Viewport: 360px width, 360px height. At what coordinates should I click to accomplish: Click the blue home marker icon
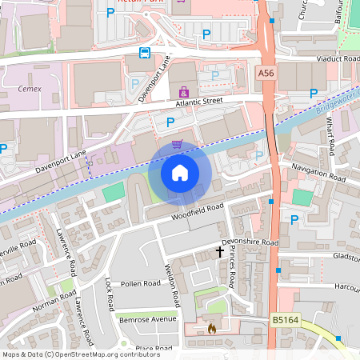180,172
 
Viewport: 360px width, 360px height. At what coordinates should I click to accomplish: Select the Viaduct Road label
339,58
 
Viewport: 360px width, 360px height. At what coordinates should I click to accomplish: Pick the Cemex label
29,90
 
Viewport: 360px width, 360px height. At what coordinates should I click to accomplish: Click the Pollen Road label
141,284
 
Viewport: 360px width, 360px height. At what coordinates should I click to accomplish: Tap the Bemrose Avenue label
146,318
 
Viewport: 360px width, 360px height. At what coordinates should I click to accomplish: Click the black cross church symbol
220,251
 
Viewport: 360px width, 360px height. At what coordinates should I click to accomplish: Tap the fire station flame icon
211,327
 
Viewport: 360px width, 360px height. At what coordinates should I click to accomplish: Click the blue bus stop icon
144,53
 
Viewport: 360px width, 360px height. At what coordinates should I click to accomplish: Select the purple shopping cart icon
178,144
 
